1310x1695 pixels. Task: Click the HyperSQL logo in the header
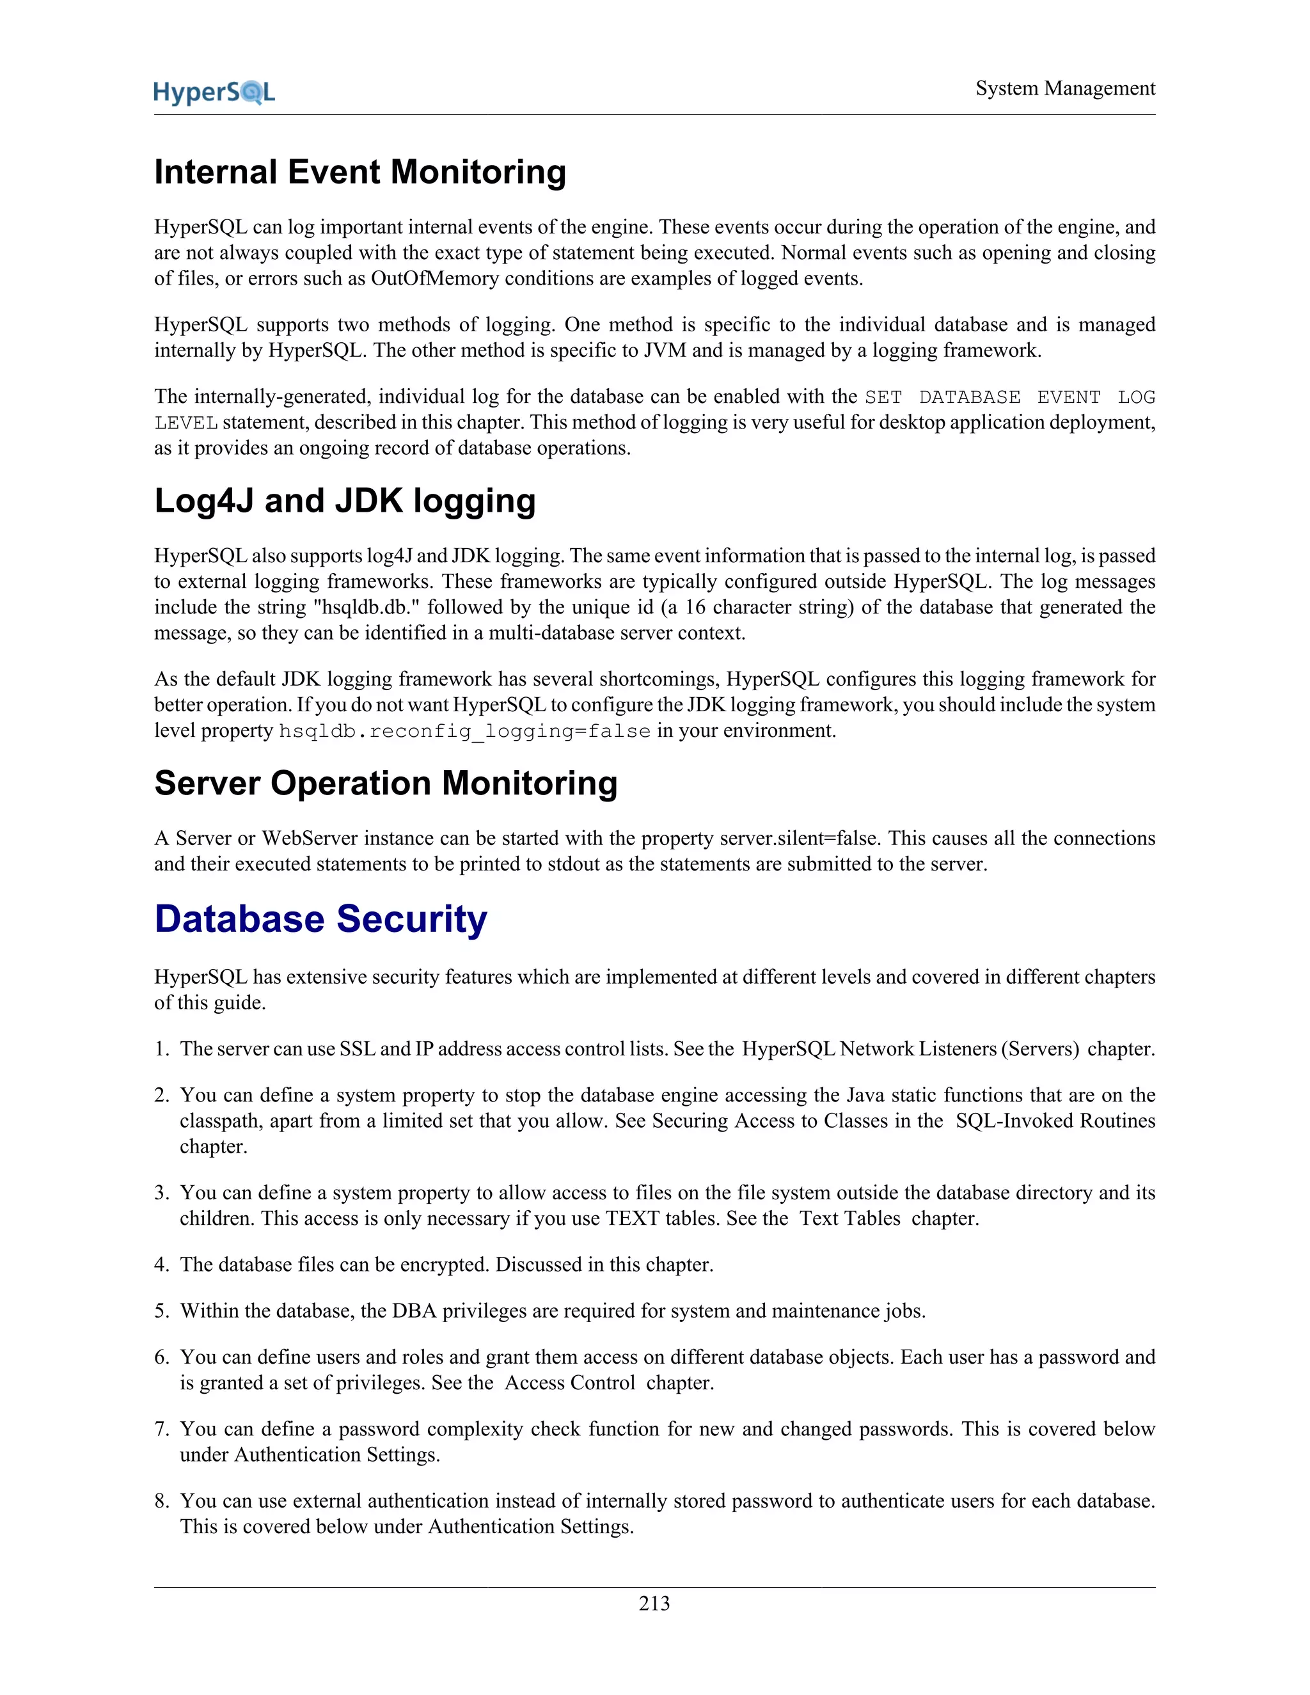coord(214,92)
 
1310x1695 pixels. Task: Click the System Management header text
coord(1065,88)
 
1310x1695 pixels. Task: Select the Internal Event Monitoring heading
coord(360,171)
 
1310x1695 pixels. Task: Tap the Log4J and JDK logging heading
coord(345,501)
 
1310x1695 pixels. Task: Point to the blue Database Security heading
coord(320,919)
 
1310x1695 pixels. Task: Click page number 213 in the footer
coord(654,1604)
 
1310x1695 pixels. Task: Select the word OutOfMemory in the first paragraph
coord(434,279)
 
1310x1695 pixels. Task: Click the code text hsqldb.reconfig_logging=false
coord(464,731)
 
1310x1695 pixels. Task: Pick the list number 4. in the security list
coord(161,1265)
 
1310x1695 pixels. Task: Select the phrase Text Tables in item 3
coord(850,1218)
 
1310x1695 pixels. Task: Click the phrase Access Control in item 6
coord(570,1383)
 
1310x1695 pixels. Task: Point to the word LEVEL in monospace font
coord(185,423)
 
